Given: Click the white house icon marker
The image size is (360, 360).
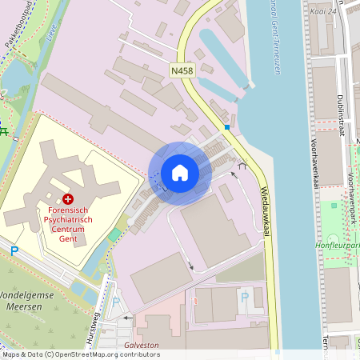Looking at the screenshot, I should pyautogui.click(x=179, y=173).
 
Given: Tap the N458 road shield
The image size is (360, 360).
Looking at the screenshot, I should pyautogui.click(x=182, y=71).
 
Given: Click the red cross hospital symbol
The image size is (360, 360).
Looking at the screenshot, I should pyautogui.click(x=68, y=198).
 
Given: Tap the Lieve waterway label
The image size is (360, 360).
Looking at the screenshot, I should pyautogui.click(x=53, y=34).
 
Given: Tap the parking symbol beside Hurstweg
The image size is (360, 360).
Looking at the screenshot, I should pyautogui.click(x=117, y=303).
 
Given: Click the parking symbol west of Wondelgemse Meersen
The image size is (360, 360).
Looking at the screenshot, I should pyautogui.click(x=14, y=251).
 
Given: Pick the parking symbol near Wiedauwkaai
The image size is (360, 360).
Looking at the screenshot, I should pyautogui.click(x=243, y=297).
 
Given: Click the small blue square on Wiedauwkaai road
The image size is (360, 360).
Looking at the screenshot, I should pyautogui.click(x=227, y=126).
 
